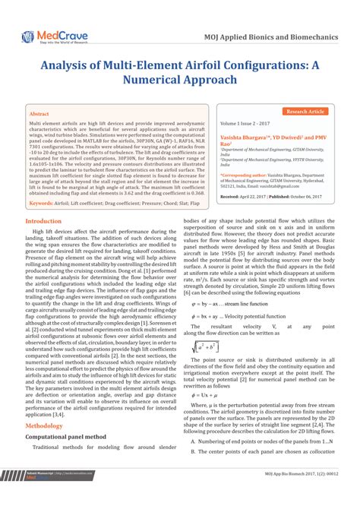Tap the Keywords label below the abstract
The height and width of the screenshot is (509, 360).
46,204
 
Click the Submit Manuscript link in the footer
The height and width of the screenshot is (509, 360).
38,495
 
